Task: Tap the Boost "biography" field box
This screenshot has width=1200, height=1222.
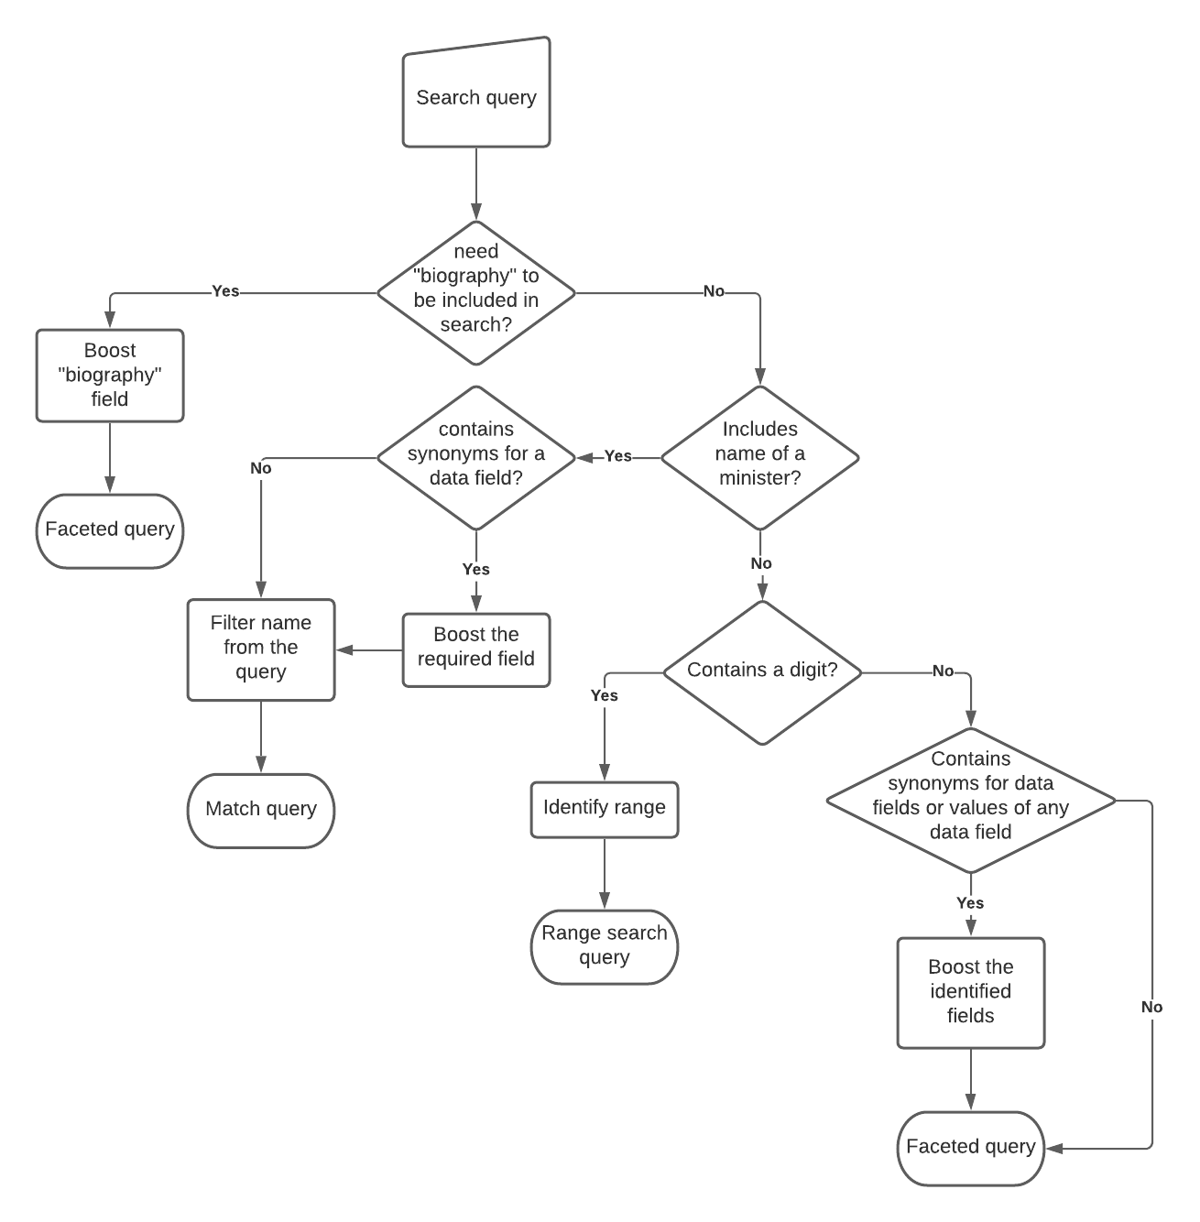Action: (x=110, y=376)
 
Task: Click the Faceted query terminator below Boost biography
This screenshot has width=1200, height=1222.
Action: (x=110, y=530)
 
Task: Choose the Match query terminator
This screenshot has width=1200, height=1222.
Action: (x=261, y=810)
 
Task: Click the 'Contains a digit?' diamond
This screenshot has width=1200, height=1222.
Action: (x=762, y=671)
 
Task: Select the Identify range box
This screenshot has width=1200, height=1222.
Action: (x=605, y=809)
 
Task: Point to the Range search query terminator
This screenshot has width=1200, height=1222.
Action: (x=605, y=946)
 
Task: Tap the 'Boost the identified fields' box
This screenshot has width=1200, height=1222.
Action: (x=970, y=992)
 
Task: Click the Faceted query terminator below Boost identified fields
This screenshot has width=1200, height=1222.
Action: (x=970, y=1148)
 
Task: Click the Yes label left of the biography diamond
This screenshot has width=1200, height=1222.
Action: (x=225, y=291)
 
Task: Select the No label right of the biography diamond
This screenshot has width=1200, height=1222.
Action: (x=714, y=291)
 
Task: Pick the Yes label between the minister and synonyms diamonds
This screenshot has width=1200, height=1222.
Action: (x=618, y=456)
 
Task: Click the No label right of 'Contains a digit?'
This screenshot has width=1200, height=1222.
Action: (x=943, y=671)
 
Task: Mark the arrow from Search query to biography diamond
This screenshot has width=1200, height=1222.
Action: (x=476, y=183)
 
